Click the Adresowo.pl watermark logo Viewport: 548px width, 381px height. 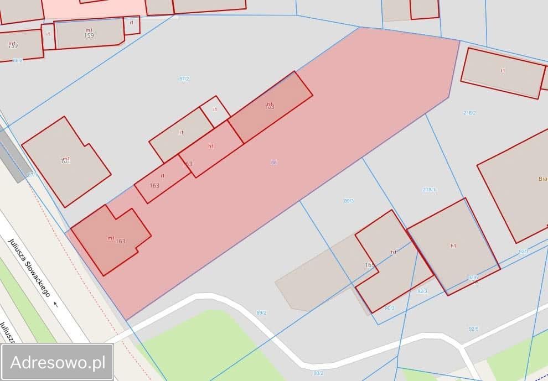pyautogui.click(x=58, y=362)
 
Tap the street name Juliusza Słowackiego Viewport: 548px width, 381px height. pyautogui.click(x=29, y=268)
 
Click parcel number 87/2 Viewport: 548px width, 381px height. pyautogui.click(x=184, y=79)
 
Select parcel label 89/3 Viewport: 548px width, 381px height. pyautogui.click(x=349, y=201)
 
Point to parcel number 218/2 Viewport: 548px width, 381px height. pyautogui.click(x=469, y=113)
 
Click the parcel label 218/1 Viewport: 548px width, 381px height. pyautogui.click(x=429, y=190)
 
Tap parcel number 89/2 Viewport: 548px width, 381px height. pyautogui.click(x=261, y=313)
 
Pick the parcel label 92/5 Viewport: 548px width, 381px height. pyautogui.click(x=474, y=328)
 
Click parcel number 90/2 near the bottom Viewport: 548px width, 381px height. pyautogui.click(x=318, y=373)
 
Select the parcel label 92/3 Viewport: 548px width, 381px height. pyautogui.click(x=422, y=291)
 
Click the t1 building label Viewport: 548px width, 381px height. pyautogui.click(x=503, y=71)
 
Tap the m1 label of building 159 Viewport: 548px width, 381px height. pyautogui.click(x=89, y=30)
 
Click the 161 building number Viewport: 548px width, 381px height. pyautogui.click(x=65, y=160)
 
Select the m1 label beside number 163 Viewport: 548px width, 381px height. pyautogui.click(x=111, y=238)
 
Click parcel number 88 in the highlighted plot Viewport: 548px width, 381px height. pyautogui.click(x=273, y=163)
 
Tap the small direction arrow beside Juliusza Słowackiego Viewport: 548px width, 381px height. pyautogui.click(x=55, y=304)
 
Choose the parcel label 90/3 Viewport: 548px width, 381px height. pyautogui.click(x=389, y=308)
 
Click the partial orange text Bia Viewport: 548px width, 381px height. pyautogui.click(x=542, y=179)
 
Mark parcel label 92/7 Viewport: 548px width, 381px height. pyautogui.click(x=523, y=252)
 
